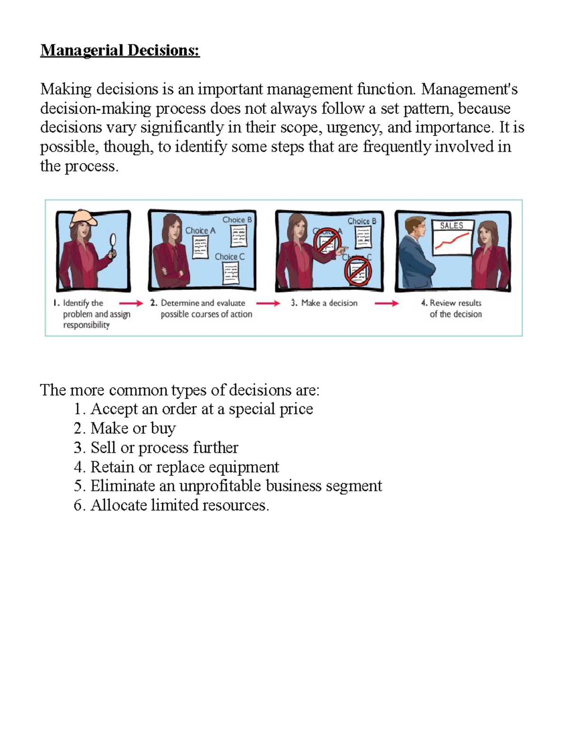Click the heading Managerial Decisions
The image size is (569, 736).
click(120, 50)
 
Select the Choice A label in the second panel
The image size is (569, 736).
click(200, 231)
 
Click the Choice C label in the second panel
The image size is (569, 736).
click(229, 256)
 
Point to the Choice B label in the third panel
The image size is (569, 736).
click(362, 221)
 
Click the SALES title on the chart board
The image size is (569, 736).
click(451, 226)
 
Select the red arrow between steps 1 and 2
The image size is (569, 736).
click(131, 303)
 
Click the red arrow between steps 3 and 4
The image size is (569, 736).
click(386, 303)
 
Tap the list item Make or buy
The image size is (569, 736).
click(133, 428)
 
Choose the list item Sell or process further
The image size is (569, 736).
click(164, 448)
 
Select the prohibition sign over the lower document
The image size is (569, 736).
click(358, 272)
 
